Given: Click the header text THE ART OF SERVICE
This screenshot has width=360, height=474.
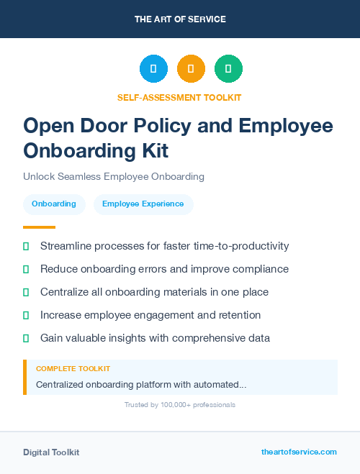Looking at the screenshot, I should pos(180,19).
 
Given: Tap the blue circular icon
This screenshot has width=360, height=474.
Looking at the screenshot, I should pos(153,68).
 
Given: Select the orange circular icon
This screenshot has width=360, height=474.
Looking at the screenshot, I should pos(191,68).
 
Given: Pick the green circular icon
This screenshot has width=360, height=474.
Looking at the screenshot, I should pos(228,68).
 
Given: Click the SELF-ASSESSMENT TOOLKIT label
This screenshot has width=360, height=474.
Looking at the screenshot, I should pos(179,97).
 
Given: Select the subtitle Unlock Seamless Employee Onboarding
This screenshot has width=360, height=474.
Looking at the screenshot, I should pos(114,176).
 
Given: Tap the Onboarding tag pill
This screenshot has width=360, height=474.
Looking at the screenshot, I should pos(54,204).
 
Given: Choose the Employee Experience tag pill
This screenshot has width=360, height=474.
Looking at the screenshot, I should pos(143,204).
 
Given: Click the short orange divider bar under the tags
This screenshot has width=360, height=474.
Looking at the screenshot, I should pos(39,227).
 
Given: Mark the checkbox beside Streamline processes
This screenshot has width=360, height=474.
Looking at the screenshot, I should pos(26,246).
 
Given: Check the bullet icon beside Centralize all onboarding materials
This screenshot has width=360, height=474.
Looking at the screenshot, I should pos(26,292).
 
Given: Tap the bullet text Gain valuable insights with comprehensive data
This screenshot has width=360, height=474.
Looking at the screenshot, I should pos(155,337).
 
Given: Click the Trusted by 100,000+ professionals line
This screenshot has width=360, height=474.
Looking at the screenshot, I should pos(180,405).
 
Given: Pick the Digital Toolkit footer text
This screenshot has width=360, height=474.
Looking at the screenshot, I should pos(51,452).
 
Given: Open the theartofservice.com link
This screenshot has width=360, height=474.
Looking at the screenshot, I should pos(299,452).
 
